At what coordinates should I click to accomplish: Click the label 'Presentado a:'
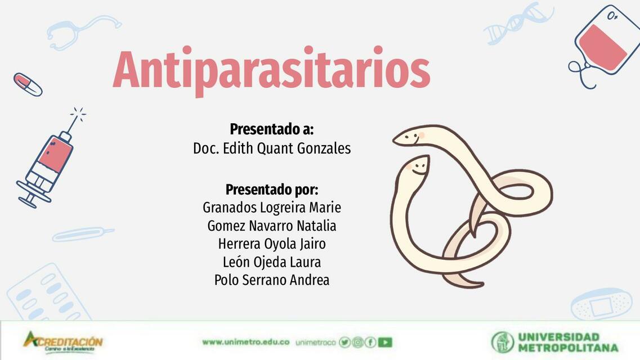271,129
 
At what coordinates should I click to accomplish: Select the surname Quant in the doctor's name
276,149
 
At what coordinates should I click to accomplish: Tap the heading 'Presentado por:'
271,189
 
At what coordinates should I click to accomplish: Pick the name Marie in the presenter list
325,208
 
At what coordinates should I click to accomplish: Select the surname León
235,262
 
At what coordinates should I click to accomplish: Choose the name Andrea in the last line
309,280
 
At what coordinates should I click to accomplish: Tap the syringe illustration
50,160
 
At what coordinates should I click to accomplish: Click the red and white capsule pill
28,84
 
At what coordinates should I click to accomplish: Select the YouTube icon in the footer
385,342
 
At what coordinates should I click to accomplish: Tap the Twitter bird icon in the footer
344,342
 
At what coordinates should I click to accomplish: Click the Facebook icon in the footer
370,342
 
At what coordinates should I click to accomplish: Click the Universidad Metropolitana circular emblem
502,342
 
